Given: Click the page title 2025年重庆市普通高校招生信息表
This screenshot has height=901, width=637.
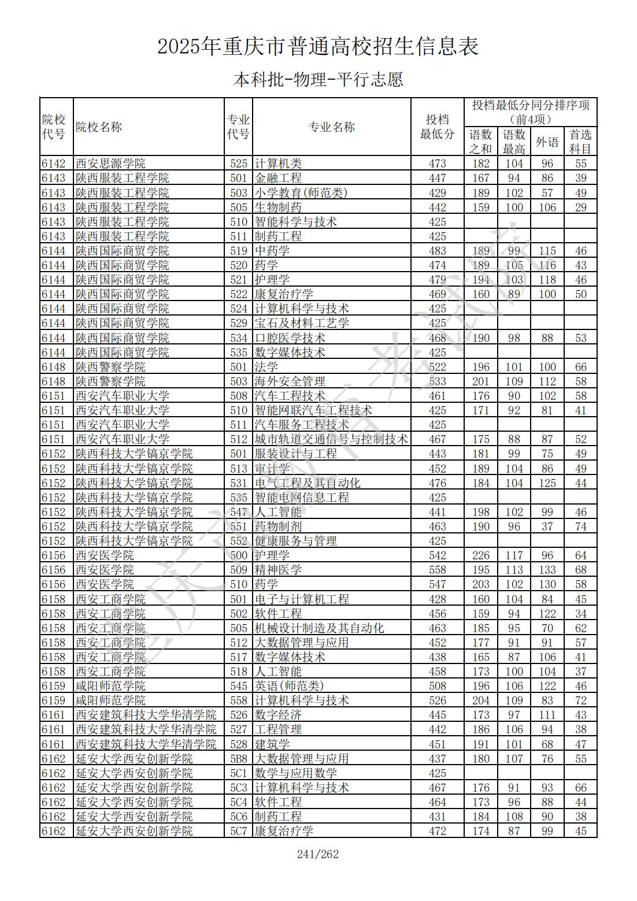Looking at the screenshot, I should point(318,47).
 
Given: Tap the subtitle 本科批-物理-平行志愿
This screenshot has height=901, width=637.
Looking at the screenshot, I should point(318,79).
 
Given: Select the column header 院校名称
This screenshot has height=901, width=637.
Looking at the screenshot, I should point(99,127).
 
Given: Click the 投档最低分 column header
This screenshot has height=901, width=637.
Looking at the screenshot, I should point(437,127).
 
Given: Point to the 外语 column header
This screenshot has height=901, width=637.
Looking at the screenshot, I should point(547,142).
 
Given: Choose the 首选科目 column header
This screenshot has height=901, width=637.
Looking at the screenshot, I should point(580,142).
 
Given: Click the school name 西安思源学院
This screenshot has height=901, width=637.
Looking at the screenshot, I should point(110,164).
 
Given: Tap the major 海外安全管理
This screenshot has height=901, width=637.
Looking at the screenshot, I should point(290,381).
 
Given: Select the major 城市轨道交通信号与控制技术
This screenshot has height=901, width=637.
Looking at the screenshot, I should point(331,439).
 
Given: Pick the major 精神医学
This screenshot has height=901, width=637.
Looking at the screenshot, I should point(278,570).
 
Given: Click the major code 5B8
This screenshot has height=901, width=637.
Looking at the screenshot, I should point(238,759).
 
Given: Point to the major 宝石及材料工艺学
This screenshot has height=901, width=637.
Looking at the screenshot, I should point(302,323).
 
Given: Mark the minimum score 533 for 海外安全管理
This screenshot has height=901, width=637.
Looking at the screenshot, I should point(437,381).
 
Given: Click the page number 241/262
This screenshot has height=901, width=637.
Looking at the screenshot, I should point(317,854).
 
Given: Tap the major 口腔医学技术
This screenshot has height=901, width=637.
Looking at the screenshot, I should point(290,338).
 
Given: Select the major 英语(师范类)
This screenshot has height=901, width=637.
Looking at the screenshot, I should point(290,686).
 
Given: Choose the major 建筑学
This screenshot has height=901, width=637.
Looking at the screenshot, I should point(272,744).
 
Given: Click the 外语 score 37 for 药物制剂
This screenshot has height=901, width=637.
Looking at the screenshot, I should point(547,526).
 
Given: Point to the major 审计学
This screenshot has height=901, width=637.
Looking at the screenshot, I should point(272,469).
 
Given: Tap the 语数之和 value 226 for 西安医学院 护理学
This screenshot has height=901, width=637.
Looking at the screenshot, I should point(480,555).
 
